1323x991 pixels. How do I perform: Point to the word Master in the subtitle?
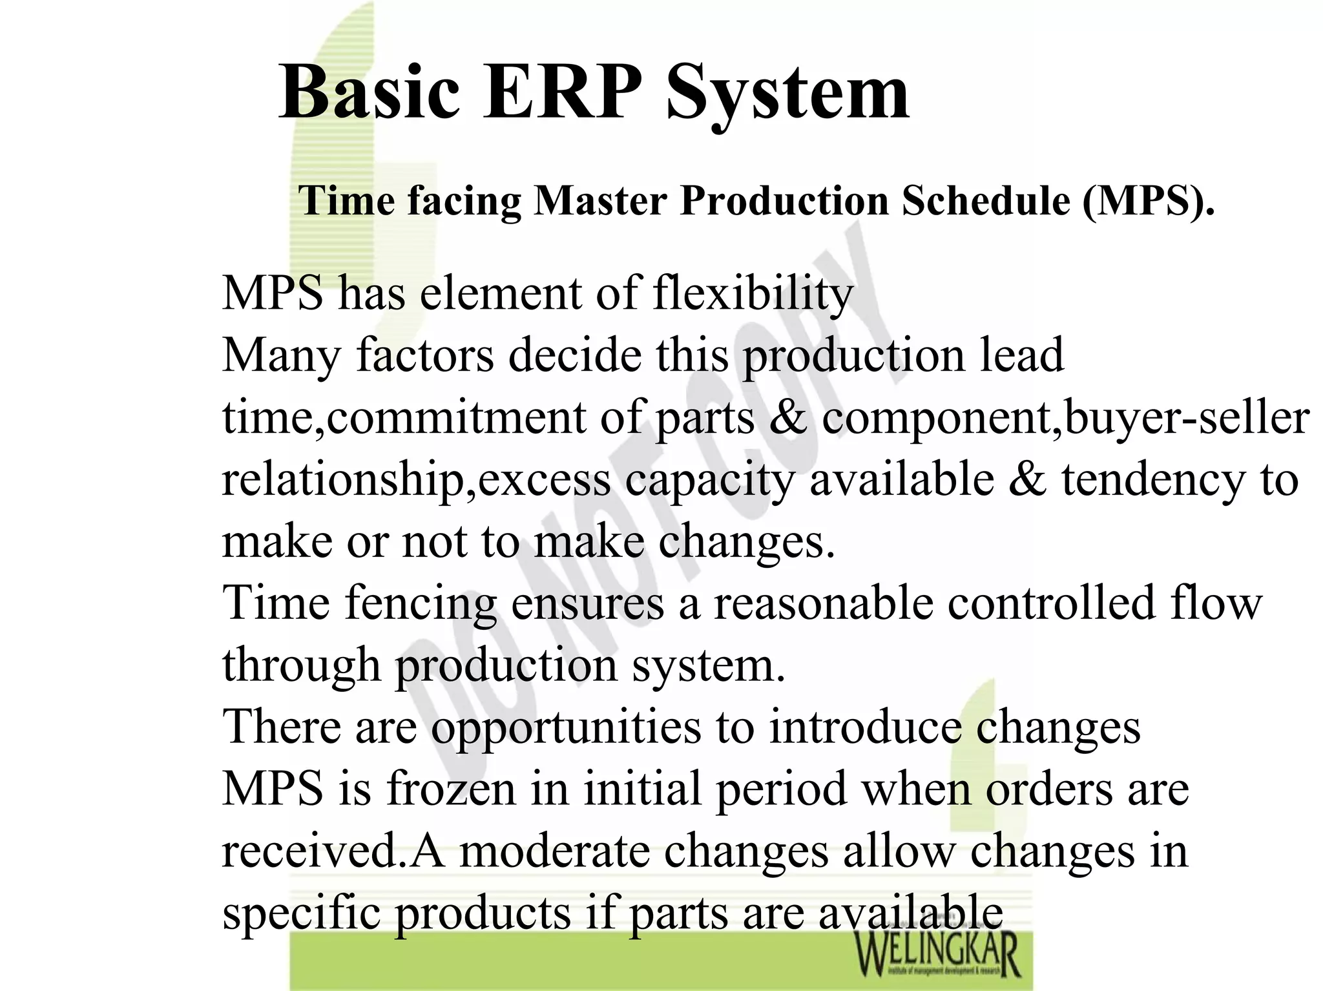click(x=600, y=200)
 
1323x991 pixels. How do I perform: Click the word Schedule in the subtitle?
click(x=986, y=200)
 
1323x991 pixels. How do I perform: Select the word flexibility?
click(x=753, y=294)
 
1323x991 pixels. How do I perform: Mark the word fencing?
click(x=421, y=604)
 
